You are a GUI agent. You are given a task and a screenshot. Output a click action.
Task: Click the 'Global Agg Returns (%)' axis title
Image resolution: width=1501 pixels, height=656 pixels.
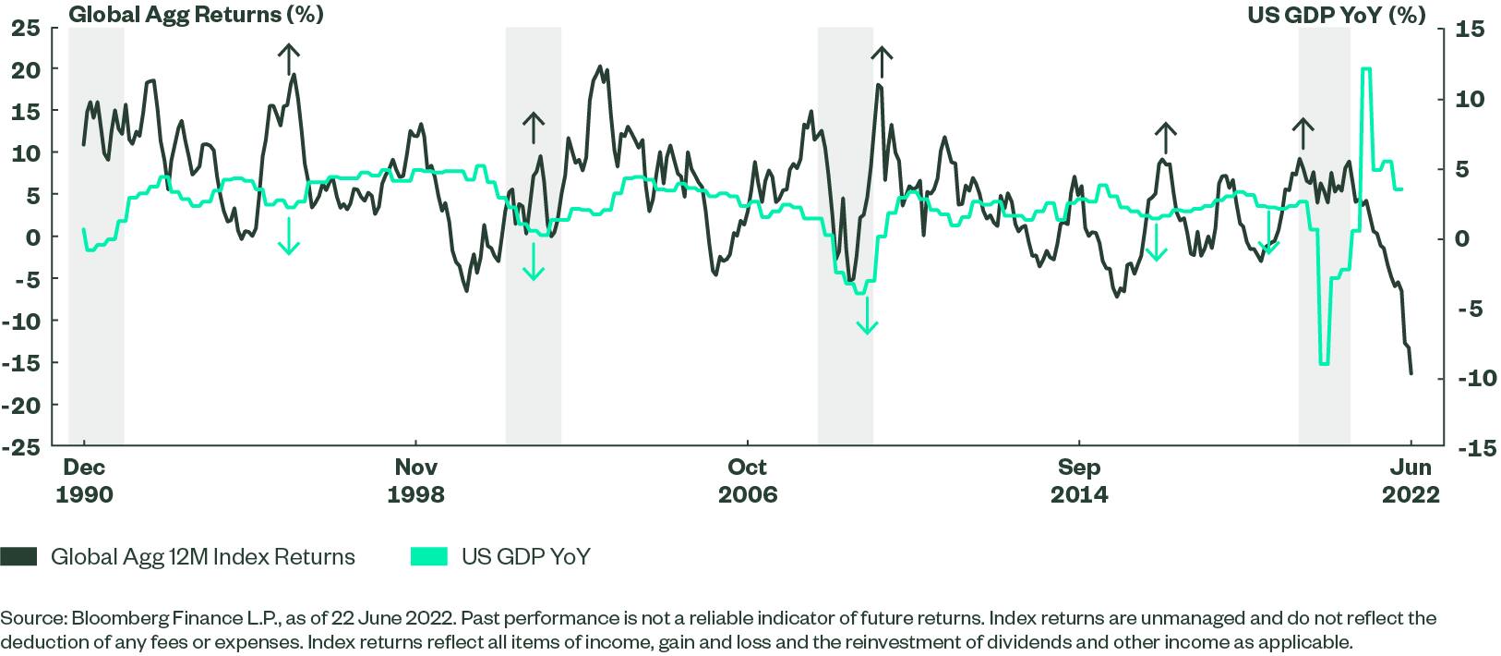(x=196, y=15)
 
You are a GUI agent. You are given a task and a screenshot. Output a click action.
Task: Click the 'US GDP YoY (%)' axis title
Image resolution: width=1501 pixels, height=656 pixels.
(x=1336, y=15)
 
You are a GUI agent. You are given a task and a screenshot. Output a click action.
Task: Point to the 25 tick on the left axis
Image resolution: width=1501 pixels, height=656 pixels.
(x=27, y=28)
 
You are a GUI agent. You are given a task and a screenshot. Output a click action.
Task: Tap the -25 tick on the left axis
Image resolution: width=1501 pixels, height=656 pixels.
(x=21, y=446)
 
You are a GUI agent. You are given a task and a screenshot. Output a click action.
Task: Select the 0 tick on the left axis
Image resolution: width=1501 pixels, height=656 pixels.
(x=34, y=237)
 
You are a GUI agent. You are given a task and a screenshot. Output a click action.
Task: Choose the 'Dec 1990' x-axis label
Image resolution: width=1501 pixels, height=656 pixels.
(x=84, y=480)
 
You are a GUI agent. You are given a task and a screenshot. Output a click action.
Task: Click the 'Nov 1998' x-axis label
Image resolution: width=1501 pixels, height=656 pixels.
(x=415, y=480)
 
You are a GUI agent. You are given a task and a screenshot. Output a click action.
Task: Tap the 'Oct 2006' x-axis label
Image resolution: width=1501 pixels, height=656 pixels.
(x=748, y=480)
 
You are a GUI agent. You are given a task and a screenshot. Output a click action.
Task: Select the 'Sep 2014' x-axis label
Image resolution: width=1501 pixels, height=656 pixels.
(x=1079, y=480)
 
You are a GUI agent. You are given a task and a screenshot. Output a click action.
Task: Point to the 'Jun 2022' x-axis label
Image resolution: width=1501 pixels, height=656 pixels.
(x=1410, y=480)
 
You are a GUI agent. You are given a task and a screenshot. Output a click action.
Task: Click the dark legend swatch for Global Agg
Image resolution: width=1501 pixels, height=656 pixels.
(x=19, y=557)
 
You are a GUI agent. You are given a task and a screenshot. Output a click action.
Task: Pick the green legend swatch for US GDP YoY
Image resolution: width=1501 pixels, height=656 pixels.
(x=428, y=557)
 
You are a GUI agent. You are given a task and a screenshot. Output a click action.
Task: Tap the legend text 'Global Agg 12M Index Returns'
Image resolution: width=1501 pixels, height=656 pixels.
(x=203, y=557)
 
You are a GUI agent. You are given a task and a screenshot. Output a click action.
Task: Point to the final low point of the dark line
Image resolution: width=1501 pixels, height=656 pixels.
(x=1411, y=373)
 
